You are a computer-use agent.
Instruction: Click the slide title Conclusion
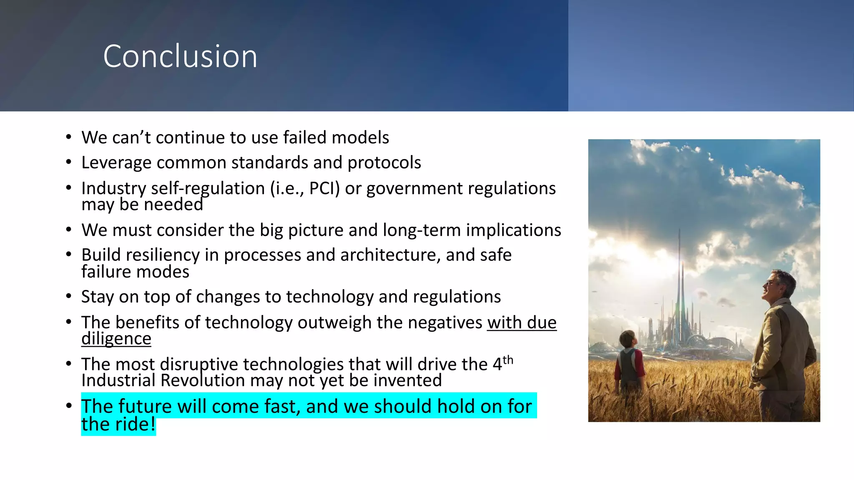click(180, 56)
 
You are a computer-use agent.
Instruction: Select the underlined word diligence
click(116, 338)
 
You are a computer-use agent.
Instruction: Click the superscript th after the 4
click(507, 360)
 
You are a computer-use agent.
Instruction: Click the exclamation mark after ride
click(153, 424)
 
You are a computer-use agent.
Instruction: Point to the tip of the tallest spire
click(679, 229)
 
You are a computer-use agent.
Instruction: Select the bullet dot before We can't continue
click(69, 137)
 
